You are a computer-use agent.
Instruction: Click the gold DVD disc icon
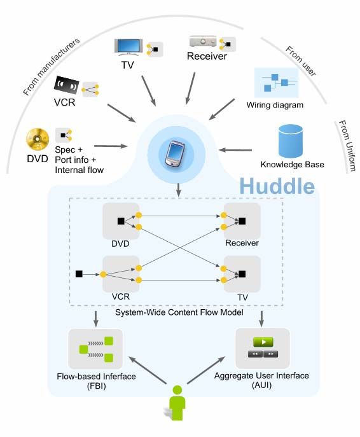pos(38,139)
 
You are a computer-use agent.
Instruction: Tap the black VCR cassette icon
pos(66,85)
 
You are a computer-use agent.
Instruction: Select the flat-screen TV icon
pos(128,46)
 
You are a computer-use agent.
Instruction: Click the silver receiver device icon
pos(203,41)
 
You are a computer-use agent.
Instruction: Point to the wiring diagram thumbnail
pos(277,83)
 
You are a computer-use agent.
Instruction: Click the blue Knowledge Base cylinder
pos(291,141)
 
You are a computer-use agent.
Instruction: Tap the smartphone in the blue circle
pos(175,154)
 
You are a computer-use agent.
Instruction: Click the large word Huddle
pos(277,186)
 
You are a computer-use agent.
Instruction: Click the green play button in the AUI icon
pos(263,342)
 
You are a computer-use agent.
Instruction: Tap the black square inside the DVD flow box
pos(121,221)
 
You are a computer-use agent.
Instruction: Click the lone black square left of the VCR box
pos(79,274)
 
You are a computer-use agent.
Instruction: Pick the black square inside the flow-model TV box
pos(242,274)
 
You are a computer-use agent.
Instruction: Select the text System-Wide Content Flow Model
pos(179,312)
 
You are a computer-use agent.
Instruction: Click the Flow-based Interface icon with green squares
pos(95,349)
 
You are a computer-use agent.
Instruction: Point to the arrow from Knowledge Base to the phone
pos(235,150)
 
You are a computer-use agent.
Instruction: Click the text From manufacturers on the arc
pos(52,66)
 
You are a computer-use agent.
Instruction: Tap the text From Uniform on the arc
pos(347,146)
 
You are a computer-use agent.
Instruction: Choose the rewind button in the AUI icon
pos(255,354)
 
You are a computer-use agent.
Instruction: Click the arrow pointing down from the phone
pos(179,190)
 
